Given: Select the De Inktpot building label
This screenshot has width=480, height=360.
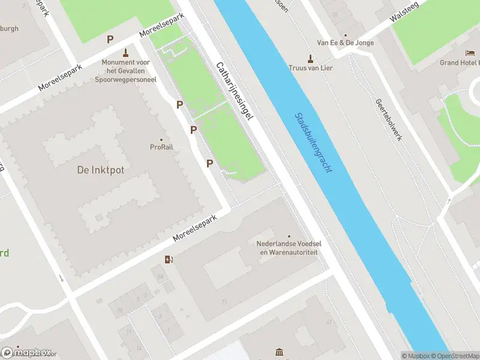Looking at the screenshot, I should click(x=101, y=170).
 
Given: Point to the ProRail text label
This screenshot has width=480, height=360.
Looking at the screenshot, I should click(x=161, y=147).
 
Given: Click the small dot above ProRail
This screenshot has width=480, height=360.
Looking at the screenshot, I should click(x=161, y=139).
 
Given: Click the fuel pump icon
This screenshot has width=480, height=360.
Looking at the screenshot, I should click(x=169, y=259).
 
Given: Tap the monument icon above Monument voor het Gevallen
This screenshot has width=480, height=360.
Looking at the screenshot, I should click(x=125, y=52).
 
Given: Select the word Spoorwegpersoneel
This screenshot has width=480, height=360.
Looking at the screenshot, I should click(x=125, y=79).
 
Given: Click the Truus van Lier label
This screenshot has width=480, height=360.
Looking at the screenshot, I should click(x=310, y=68).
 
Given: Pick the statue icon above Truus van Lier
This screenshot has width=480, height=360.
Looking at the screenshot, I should click(x=310, y=58).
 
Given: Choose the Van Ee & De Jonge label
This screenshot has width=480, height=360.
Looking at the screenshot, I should click(x=345, y=43).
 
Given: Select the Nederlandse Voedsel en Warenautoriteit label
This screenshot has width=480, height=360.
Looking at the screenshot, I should click(x=287, y=248).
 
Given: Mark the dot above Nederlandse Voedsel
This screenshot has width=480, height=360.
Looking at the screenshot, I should click(x=289, y=236).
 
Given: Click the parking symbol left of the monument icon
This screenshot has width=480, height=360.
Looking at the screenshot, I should click(x=110, y=40).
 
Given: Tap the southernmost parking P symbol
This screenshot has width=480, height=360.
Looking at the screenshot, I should click(x=209, y=163).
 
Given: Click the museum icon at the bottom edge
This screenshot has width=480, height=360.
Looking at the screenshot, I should click(x=279, y=352).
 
